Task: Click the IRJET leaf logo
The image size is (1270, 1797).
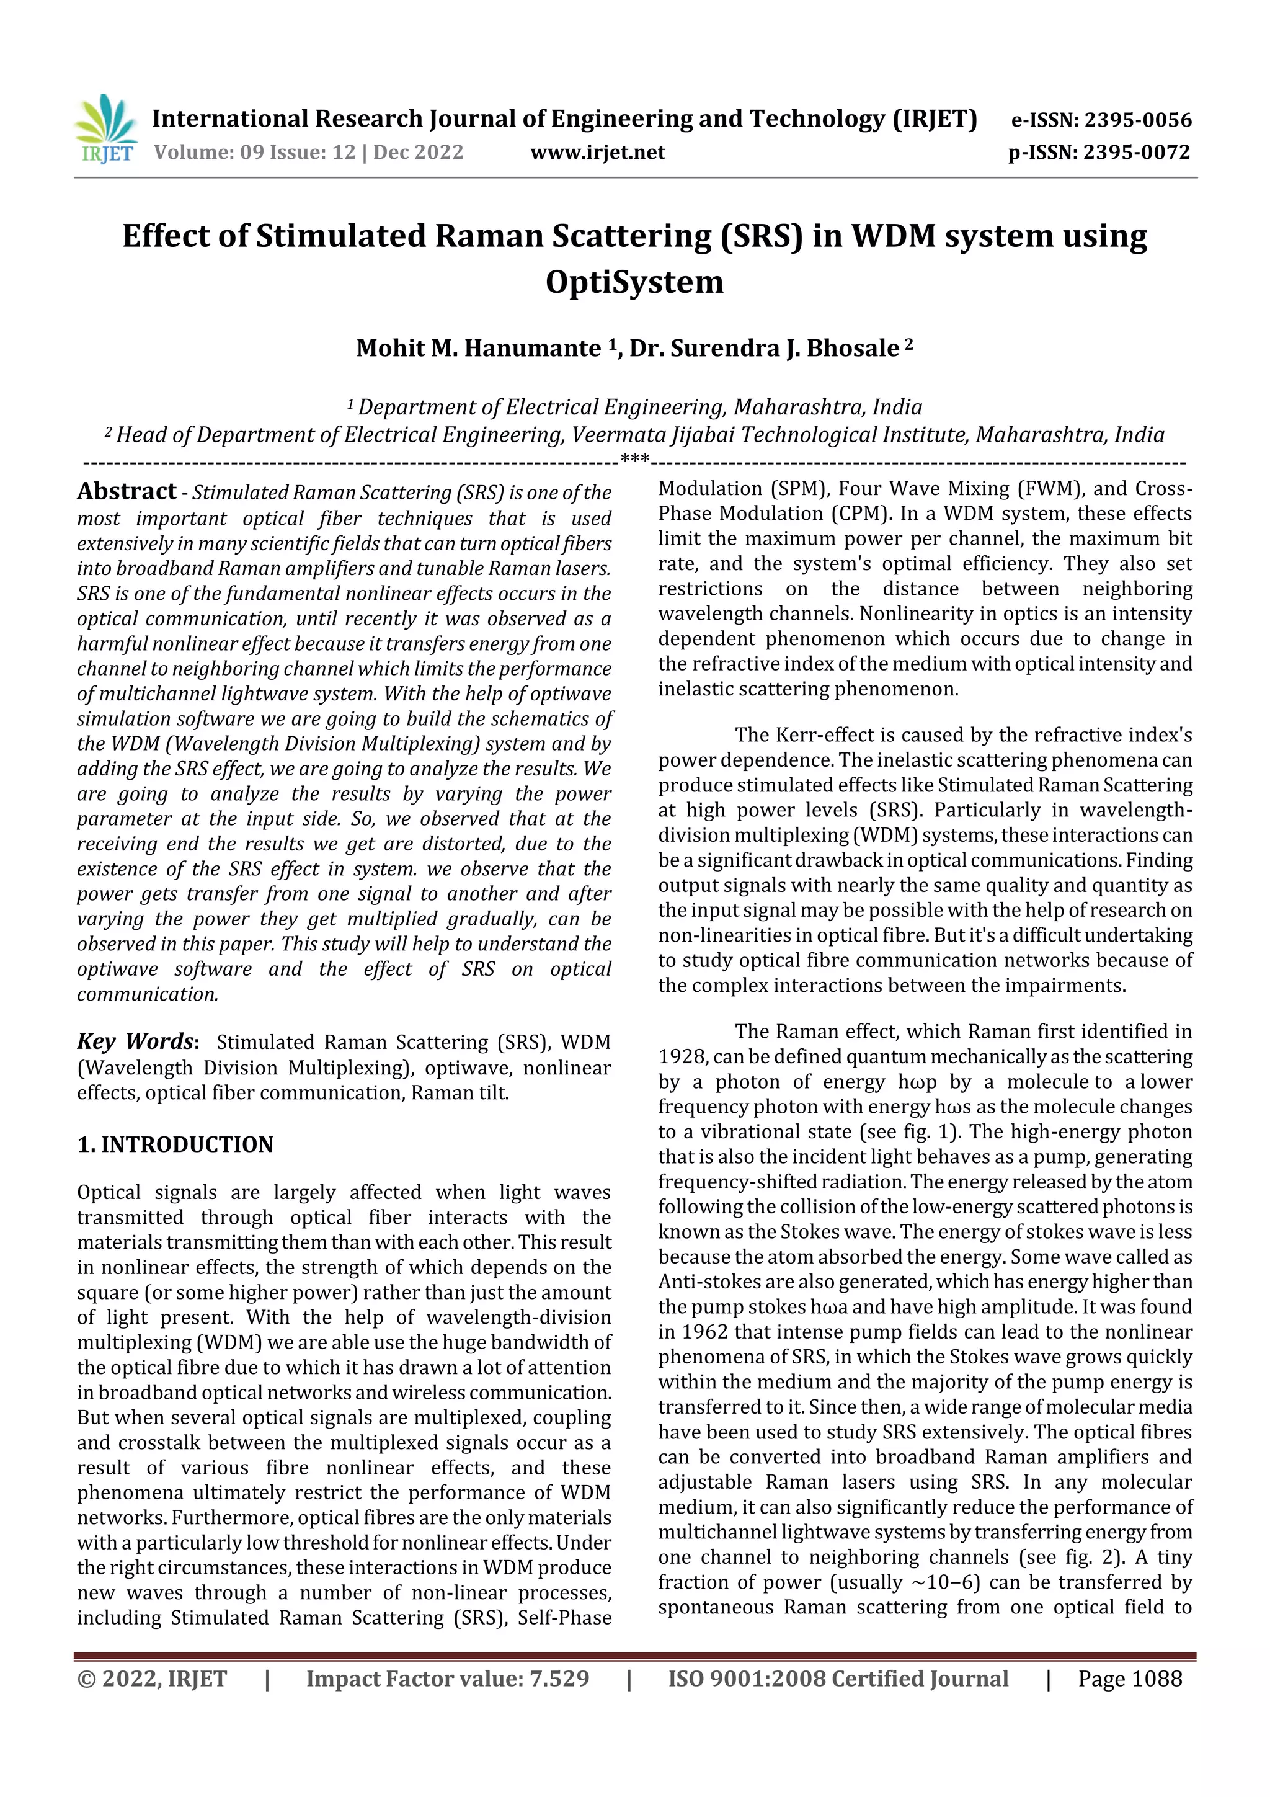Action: click(x=105, y=128)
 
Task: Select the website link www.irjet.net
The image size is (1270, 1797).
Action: click(x=597, y=153)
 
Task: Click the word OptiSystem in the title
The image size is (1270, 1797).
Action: click(x=634, y=282)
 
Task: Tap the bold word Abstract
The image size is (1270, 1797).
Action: click(x=127, y=491)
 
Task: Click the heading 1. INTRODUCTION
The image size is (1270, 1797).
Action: click(x=175, y=1144)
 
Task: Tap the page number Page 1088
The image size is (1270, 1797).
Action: click(x=1129, y=1679)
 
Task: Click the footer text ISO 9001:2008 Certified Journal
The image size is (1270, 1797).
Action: click(x=837, y=1679)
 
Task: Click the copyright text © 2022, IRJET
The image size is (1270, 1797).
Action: click(x=152, y=1679)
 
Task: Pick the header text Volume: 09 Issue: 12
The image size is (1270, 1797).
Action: click(x=254, y=153)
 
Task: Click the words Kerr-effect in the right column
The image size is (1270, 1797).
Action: click(x=816, y=735)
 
